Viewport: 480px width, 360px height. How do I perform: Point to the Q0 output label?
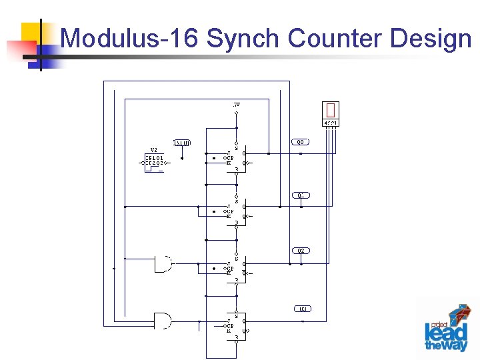(x=301, y=142)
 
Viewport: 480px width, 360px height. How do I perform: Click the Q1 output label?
(x=301, y=195)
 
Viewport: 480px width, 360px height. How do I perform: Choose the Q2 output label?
(x=301, y=251)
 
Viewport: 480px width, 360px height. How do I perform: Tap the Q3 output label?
(x=302, y=309)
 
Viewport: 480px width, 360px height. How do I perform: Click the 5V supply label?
(x=237, y=105)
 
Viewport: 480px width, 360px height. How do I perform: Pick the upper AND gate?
(x=162, y=263)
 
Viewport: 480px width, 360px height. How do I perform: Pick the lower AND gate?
(x=162, y=320)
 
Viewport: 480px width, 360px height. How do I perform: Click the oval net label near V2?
(x=182, y=143)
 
